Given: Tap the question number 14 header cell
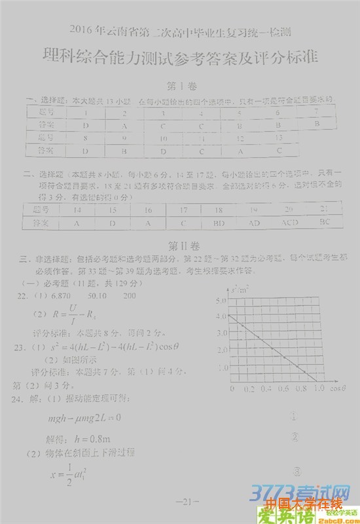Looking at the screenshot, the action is click(x=77, y=210).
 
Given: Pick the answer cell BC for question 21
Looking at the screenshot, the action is click(x=325, y=223).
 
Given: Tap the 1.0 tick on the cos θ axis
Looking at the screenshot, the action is click(x=319, y=389).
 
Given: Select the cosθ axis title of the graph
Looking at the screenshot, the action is click(x=338, y=389).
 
